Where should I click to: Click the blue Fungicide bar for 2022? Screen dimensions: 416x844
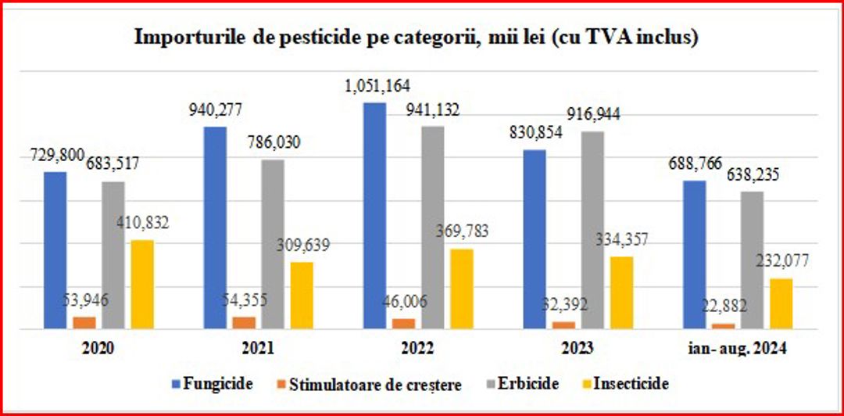[374, 216]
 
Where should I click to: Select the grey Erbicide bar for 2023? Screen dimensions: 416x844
[593, 231]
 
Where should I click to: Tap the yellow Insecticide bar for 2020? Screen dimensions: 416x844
[142, 285]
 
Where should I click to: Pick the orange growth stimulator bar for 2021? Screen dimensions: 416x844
[244, 322]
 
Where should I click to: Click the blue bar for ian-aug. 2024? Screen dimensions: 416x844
[695, 255]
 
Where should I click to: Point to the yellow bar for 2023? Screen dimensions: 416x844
[621, 292]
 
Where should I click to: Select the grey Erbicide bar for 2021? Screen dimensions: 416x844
[273, 245]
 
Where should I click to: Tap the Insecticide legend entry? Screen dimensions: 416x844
[630, 384]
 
